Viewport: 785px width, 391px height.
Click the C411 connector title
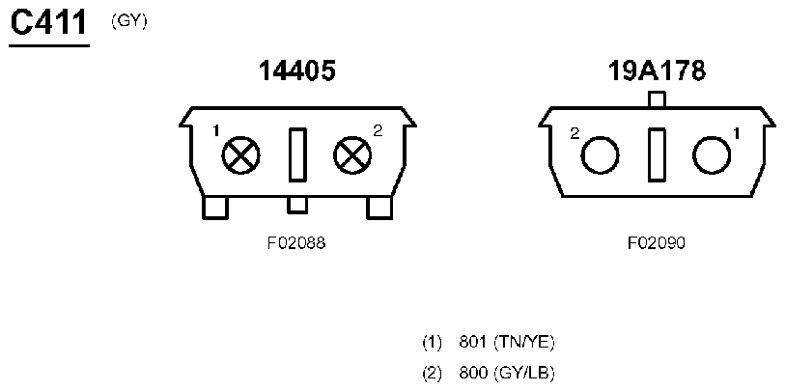48,24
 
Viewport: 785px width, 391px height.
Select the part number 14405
296,71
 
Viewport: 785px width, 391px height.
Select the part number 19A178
657,71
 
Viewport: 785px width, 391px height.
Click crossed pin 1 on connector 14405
241,154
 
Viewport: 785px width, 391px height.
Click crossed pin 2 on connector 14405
352,154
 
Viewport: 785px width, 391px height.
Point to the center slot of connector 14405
297,154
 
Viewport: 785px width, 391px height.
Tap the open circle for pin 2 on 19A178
601,155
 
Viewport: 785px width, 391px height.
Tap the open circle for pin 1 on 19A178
712,155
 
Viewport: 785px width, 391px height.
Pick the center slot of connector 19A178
657,154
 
